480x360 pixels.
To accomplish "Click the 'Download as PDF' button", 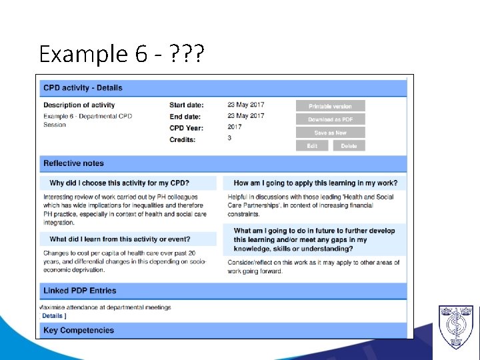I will (x=331, y=119).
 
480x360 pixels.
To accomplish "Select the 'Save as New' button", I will (x=331, y=133).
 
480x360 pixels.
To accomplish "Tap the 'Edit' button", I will (x=312, y=146).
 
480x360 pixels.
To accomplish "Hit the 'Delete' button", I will (x=349, y=146).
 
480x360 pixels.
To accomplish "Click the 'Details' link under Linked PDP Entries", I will (x=53, y=316).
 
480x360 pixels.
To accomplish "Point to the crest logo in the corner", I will (x=456, y=327).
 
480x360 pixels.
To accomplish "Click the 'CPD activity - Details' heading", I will (x=83, y=88).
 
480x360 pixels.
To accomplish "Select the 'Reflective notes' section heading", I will (x=73, y=163).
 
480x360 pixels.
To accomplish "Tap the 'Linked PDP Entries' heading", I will (x=79, y=291).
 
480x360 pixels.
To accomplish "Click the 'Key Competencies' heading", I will (x=78, y=331).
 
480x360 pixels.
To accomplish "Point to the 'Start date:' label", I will (x=187, y=105).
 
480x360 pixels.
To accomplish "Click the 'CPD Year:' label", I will (x=186, y=128).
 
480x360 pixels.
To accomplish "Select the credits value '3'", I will (x=229, y=139).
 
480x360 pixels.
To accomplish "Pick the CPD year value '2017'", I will (x=235, y=127).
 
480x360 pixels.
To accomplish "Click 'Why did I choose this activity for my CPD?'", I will (x=119, y=183).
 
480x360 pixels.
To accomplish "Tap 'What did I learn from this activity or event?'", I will (x=120, y=239).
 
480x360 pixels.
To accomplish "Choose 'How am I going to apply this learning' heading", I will (x=315, y=183).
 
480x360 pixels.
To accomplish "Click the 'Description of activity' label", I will (x=79, y=105).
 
